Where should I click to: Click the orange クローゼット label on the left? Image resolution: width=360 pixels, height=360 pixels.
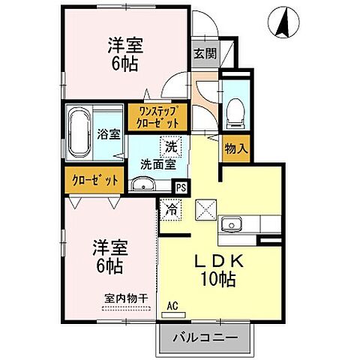coord(95,180)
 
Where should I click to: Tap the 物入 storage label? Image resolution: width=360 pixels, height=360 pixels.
coord(236,148)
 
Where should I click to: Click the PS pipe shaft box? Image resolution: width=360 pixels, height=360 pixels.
coord(181,187)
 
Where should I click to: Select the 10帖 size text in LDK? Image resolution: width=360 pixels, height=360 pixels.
coord(219,280)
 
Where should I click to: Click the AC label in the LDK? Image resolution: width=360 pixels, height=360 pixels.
coord(172,306)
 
